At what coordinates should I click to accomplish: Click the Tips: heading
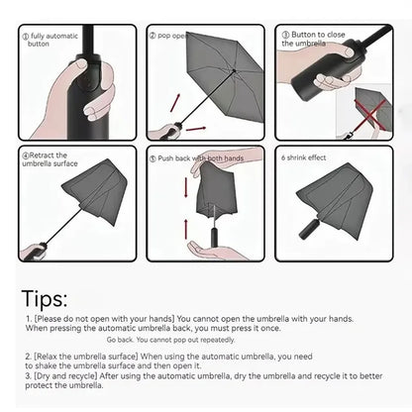44,298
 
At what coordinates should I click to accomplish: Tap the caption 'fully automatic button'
54,39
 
